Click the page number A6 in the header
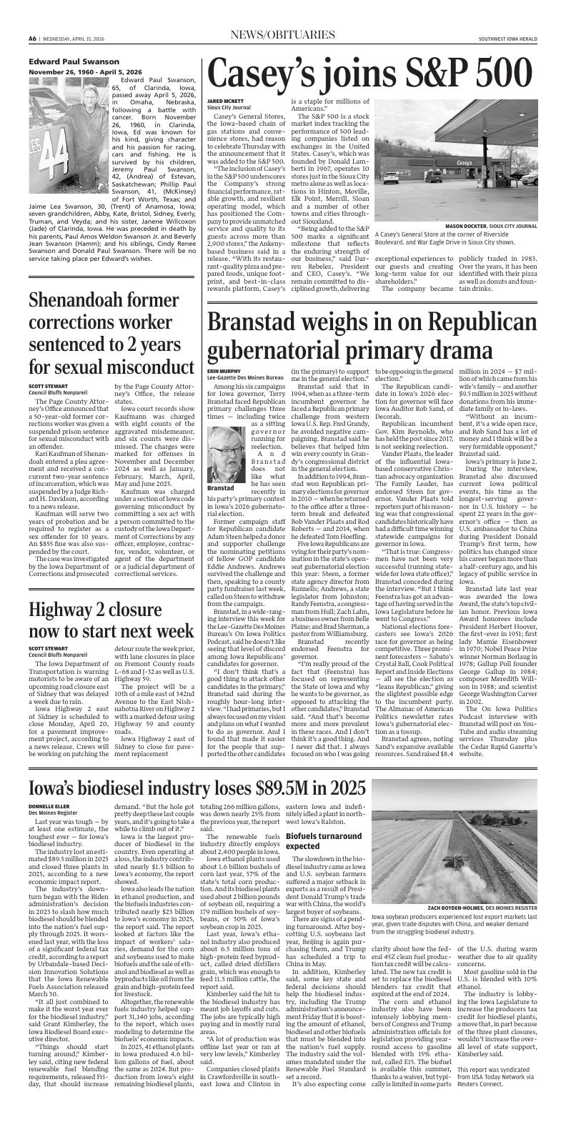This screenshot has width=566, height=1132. (x=32, y=38)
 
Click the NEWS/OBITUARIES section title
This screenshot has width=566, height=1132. (x=282, y=35)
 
